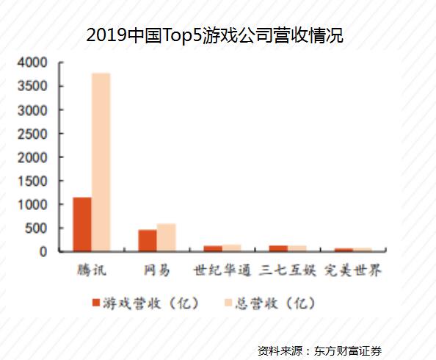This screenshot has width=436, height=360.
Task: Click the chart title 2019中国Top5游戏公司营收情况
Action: click(214, 35)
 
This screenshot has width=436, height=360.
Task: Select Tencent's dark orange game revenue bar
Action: click(82, 224)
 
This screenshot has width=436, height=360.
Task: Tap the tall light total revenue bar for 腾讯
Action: click(101, 162)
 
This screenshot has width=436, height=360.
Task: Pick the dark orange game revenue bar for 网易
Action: click(148, 240)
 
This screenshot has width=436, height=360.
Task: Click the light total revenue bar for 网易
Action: click(167, 237)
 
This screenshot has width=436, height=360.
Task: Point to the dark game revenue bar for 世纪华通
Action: click(213, 248)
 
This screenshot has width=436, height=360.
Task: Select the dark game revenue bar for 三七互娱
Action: click(278, 248)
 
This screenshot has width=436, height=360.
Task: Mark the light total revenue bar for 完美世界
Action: click(363, 250)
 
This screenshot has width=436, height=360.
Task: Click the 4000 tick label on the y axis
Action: click(32, 62)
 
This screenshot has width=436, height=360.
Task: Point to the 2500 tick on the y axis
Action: click(32, 134)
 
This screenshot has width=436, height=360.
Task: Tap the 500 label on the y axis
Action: click(36, 228)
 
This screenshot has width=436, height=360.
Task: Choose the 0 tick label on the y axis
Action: click(43, 252)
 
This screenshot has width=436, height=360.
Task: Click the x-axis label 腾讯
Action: click(92, 270)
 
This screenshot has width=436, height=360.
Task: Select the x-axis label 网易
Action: click(157, 270)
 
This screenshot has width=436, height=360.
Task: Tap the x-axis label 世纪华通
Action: click(222, 270)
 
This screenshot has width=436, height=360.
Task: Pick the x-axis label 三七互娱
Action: click(288, 270)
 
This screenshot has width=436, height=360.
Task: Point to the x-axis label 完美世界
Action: click(353, 270)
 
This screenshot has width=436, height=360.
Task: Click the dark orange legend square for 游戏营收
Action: click(96, 303)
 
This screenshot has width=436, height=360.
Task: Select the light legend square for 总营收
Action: click(228, 303)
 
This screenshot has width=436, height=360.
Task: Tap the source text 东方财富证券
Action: click(348, 350)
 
